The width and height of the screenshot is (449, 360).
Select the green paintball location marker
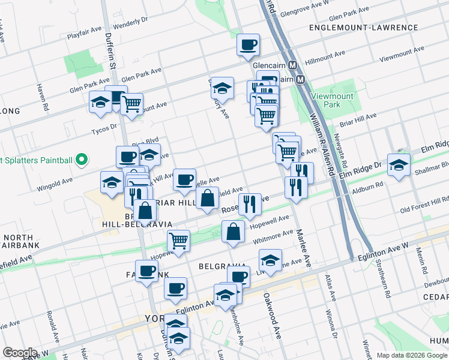click(x=83, y=160)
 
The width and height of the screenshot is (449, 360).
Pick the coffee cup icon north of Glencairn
click(x=248, y=44)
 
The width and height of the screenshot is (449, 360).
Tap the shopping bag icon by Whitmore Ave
click(x=233, y=232)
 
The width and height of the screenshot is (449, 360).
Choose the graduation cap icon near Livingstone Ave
click(x=270, y=261)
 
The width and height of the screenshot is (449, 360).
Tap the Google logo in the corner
click(x=20, y=353)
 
